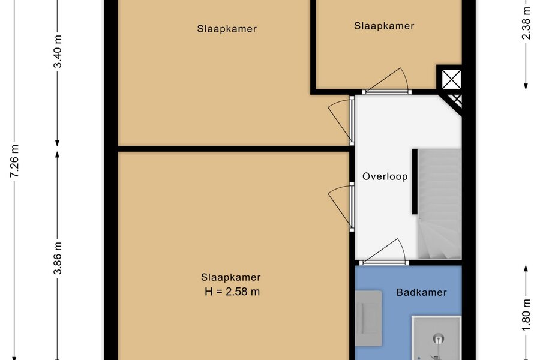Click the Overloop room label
385,176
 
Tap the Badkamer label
422,292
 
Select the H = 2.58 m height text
232,292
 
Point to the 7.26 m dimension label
15,161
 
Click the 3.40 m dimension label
58,52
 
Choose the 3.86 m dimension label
58,257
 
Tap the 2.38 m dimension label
526,23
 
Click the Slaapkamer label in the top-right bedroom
384,26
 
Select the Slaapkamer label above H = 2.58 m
231,277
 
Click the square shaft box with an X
451,79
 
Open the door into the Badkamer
385,251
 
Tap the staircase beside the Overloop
439,204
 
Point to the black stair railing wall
415,182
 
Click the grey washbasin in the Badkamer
368,319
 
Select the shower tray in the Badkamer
437,338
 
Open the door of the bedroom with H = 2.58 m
341,208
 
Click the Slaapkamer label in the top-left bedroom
227,29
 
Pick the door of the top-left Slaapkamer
341,122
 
